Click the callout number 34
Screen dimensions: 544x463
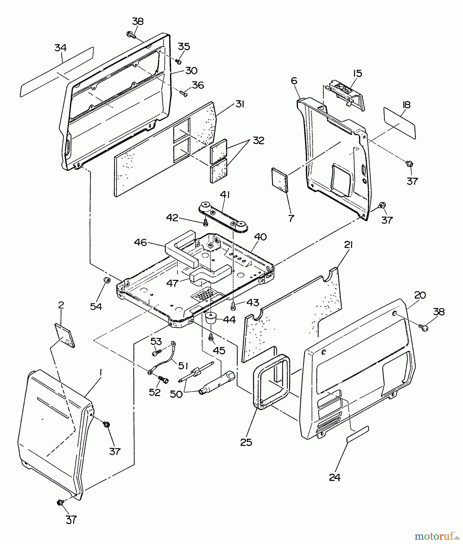[60, 48]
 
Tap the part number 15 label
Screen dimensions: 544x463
[357, 73]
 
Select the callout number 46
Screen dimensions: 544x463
[141, 242]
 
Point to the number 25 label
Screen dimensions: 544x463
[246, 442]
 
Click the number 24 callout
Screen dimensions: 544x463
[335, 478]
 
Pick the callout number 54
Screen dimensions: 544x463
[96, 306]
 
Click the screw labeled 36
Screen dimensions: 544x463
[183, 93]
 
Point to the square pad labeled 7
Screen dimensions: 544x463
[280, 180]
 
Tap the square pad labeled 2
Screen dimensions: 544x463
[65, 335]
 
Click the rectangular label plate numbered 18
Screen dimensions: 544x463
[400, 123]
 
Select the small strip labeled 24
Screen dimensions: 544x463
[357, 434]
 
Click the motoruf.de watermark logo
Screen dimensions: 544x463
[437, 536]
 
